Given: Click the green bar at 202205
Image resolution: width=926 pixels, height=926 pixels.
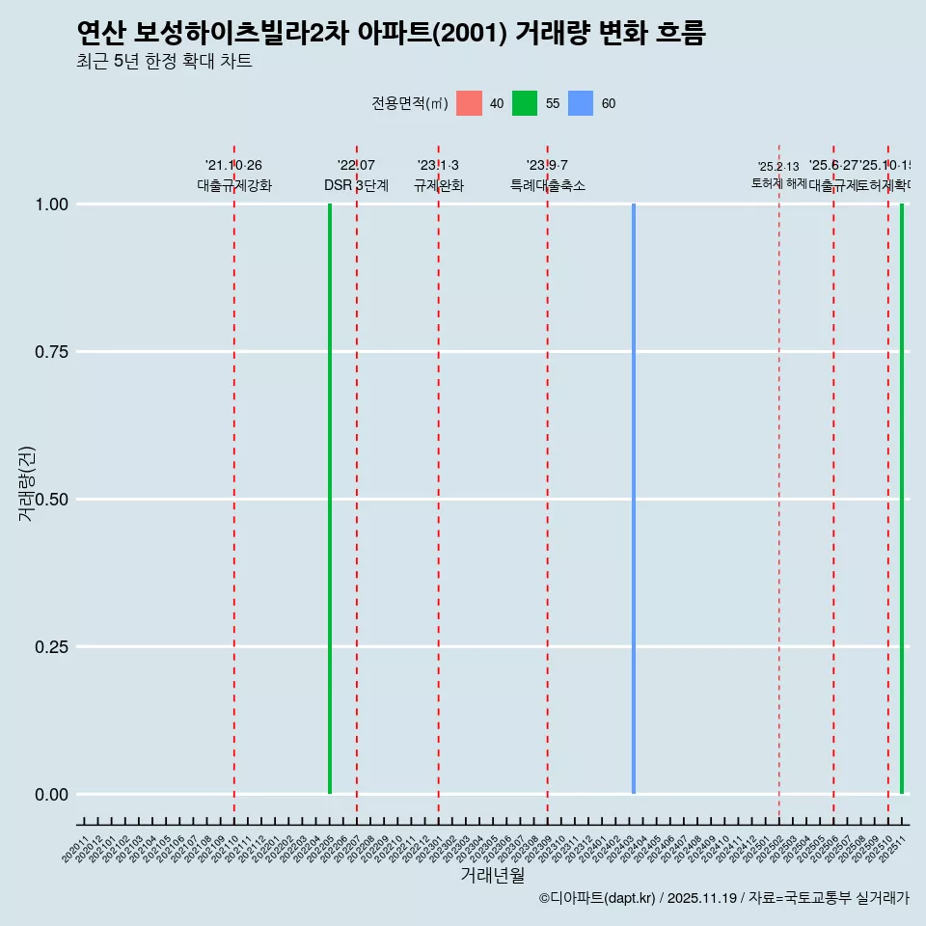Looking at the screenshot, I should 330,499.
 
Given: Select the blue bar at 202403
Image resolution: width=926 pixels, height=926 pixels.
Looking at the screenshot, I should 634,499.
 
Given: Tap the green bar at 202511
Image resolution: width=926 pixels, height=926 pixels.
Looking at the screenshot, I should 902,499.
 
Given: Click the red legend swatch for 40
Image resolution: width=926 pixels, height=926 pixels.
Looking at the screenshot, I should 469,103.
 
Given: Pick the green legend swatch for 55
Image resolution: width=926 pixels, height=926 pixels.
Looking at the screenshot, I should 525,103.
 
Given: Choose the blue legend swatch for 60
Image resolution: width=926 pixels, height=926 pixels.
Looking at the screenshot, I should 581,103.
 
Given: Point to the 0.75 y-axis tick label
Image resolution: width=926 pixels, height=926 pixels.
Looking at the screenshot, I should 49,352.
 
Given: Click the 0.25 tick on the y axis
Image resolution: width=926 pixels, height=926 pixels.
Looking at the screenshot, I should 49,647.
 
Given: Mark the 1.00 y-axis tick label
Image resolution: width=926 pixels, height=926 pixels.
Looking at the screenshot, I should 49,204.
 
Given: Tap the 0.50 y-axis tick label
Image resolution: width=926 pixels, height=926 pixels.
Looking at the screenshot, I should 49,500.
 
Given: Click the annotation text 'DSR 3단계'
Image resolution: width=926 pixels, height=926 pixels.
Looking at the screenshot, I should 356,185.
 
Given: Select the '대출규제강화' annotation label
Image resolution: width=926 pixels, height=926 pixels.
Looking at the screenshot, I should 234,185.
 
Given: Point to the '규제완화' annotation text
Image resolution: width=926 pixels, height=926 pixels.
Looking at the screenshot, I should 439,185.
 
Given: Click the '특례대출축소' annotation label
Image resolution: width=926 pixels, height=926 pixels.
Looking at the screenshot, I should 548,185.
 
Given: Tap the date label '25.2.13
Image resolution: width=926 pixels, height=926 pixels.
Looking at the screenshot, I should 778,167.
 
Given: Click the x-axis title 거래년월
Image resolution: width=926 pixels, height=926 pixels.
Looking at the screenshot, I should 493,876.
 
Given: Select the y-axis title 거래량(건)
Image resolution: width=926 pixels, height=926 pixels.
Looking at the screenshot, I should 26,483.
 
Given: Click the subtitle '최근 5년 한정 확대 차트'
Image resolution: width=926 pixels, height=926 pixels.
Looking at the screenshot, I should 164,62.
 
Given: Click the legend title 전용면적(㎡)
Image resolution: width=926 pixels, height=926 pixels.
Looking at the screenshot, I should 410,103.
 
